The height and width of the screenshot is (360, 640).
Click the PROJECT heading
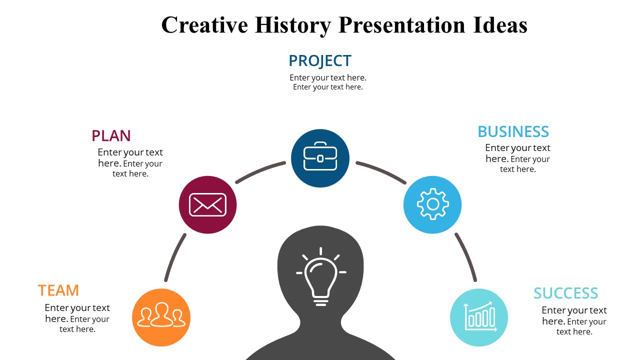click(x=320, y=61)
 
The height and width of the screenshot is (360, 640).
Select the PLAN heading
click(x=111, y=136)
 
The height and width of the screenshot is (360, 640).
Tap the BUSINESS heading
click(x=513, y=131)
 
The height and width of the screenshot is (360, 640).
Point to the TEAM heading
click(x=58, y=290)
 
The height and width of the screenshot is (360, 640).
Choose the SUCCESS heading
click(x=565, y=293)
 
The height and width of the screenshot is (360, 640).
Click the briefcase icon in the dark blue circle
click(x=320, y=158)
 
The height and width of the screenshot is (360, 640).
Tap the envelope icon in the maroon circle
click(x=207, y=204)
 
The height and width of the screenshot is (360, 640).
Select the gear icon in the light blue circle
click(x=432, y=204)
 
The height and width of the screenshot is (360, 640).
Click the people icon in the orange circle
click(x=161, y=317)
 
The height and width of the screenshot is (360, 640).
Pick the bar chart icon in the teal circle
click(x=479, y=317)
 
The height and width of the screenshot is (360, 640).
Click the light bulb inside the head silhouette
click(x=320, y=277)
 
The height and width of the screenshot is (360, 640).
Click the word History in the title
click(x=292, y=25)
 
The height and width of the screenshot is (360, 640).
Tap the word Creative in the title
click(x=204, y=25)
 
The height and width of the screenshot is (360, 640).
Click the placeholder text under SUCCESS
click(x=574, y=321)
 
